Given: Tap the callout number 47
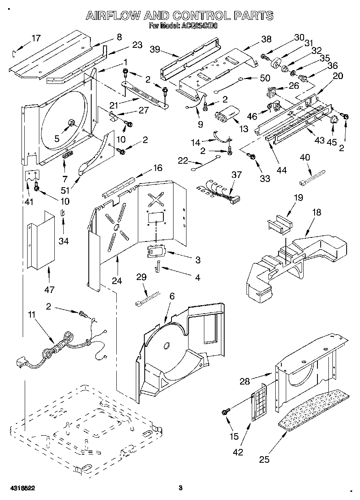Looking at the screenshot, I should coord(49,289).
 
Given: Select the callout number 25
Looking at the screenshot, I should coord(264,459).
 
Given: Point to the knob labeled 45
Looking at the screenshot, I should coord(334,119).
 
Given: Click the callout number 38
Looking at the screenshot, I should coord(266,39).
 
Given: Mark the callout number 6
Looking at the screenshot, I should coord(172,296).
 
